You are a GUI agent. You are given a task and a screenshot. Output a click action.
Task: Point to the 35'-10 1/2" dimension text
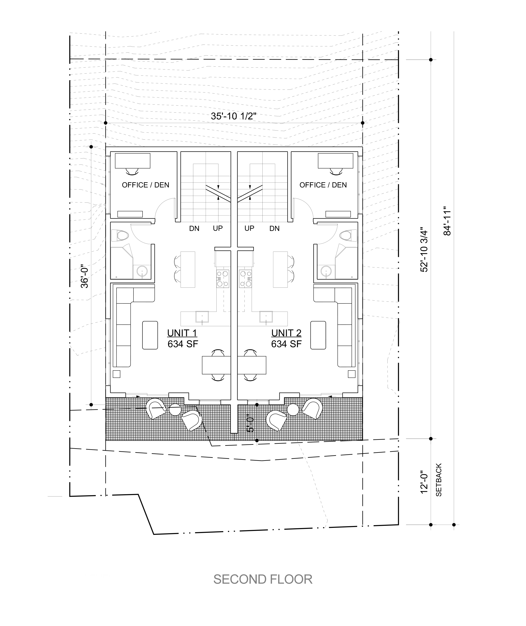234,116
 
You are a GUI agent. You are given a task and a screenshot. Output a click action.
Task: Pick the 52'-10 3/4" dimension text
424,251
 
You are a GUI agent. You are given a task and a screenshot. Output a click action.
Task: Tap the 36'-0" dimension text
85,277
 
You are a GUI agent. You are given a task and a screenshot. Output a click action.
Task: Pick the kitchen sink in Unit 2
266,317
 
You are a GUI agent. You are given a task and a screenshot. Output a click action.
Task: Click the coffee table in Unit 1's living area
150,335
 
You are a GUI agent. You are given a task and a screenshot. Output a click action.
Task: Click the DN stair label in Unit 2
274,228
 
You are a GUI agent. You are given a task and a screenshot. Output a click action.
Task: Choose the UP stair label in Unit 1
218,228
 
